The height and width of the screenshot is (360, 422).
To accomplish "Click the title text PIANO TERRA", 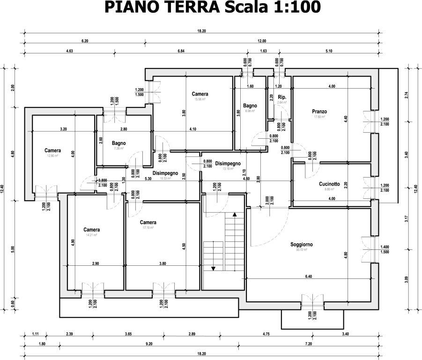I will pyautogui.click(x=162, y=8).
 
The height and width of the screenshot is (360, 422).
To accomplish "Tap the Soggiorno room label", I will pyautogui.click(x=301, y=245).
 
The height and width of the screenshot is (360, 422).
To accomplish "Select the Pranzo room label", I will pyautogui.click(x=319, y=112).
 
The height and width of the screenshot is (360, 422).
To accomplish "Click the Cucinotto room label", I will pyautogui.click(x=329, y=184).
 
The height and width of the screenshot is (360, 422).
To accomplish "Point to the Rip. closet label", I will pyautogui.click(x=281, y=97).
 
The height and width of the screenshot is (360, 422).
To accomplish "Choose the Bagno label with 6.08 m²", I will pyautogui.click(x=250, y=106).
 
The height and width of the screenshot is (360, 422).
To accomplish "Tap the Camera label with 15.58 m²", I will pyautogui.click(x=200, y=94).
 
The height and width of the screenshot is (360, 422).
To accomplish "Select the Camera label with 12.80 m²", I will pyautogui.click(x=52, y=150).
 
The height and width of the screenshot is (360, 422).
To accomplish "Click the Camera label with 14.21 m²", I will pyautogui.click(x=92, y=230).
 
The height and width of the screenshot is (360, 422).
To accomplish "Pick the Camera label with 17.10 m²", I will pyautogui.click(x=148, y=222).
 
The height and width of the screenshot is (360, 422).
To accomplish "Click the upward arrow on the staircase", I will pyautogui.click(x=235, y=214).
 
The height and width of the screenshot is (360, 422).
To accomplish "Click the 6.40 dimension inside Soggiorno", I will pyautogui.click(x=308, y=277).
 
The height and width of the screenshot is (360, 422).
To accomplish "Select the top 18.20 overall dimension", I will pyautogui.click(x=201, y=31).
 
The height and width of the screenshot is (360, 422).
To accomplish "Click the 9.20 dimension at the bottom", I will pyautogui.click(x=149, y=344).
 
